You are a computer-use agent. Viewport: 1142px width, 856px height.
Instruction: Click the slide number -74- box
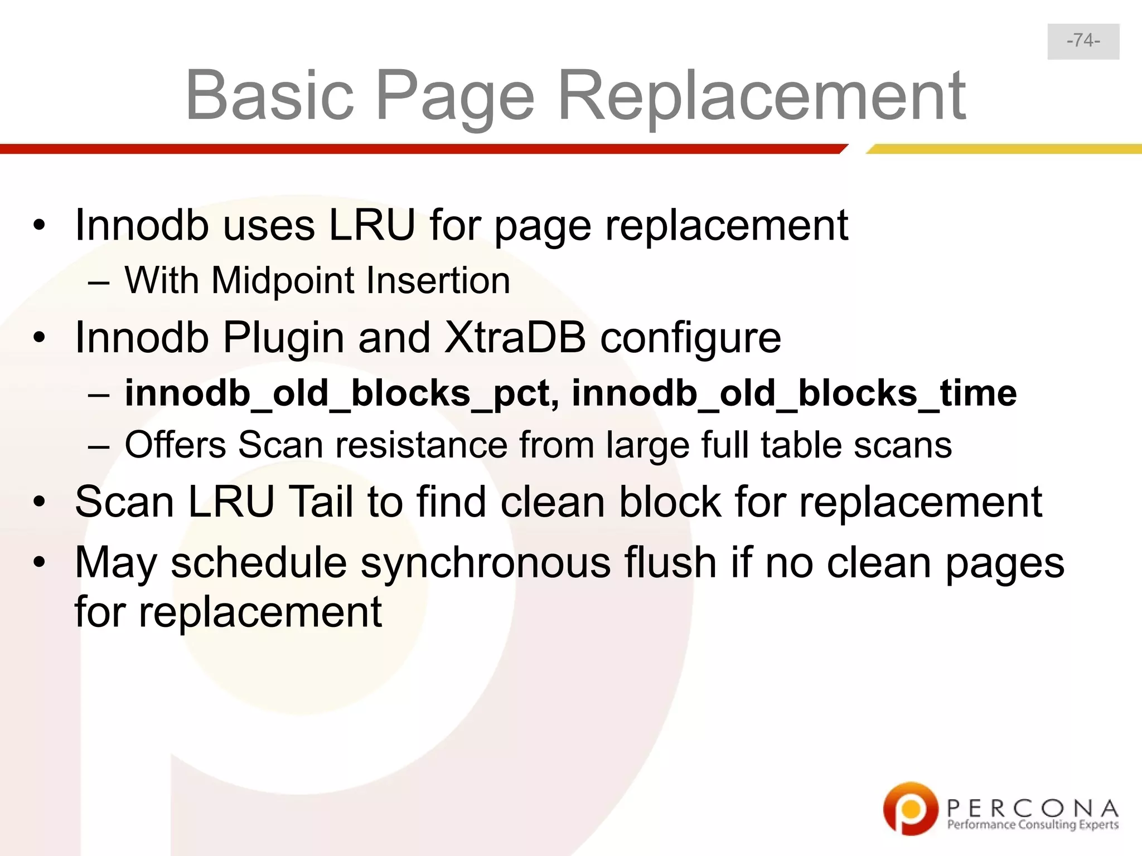pyautogui.click(x=1083, y=41)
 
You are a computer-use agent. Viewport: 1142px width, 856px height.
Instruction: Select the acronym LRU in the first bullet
pyautogui.click(x=372, y=225)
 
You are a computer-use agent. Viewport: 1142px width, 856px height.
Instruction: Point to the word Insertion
pyautogui.click(x=438, y=280)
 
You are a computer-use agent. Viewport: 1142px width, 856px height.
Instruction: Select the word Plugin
pyautogui.click(x=283, y=337)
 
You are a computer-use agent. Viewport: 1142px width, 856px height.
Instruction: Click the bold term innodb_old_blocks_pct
pyautogui.click(x=337, y=393)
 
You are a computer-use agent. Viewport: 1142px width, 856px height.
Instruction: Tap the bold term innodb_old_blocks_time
pyautogui.click(x=794, y=393)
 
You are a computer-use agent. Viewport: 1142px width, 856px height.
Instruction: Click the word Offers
pyautogui.click(x=175, y=445)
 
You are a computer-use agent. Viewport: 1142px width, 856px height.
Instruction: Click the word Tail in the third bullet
pyautogui.click(x=321, y=502)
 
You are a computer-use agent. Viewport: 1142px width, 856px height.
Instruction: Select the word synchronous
pyautogui.click(x=485, y=562)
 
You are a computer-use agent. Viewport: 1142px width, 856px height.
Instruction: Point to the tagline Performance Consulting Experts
pyautogui.click(x=1033, y=825)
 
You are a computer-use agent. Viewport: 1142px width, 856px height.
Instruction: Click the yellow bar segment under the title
pyautogui.click(x=1004, y=149)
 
